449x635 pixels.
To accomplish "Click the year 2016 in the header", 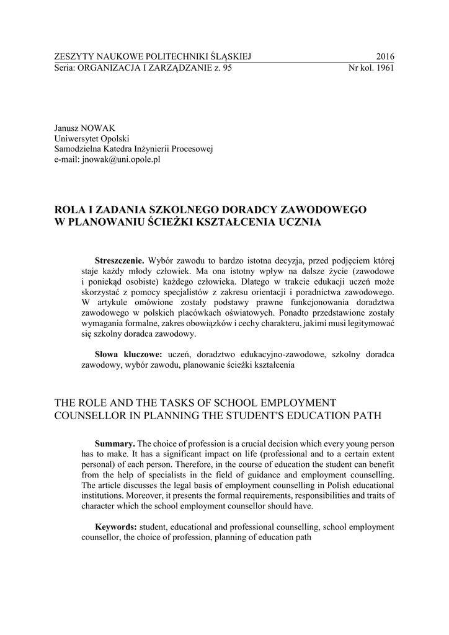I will pos(385,57).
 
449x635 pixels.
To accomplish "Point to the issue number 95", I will pos(226,68).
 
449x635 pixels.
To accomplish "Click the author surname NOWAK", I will pos(99,128).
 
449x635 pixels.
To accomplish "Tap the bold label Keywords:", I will pos(116,527).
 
